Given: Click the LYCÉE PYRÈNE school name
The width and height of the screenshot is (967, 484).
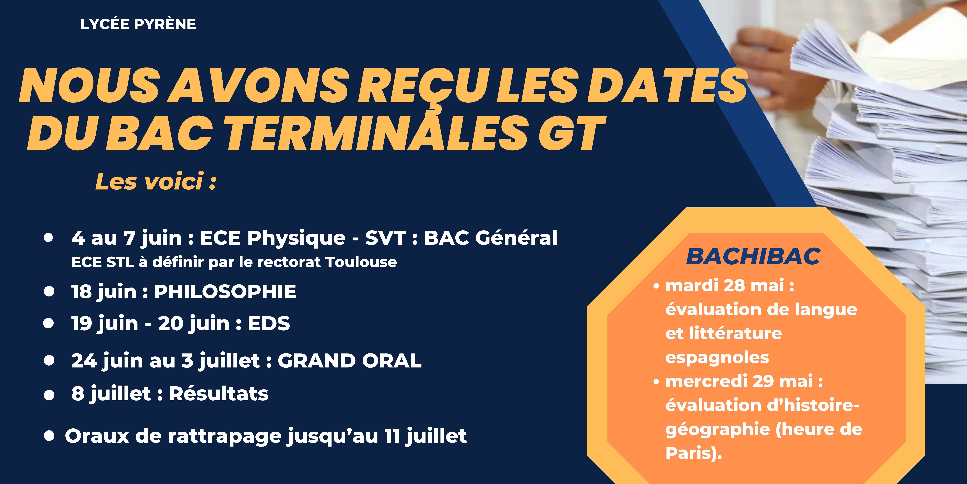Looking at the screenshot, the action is point(138,24).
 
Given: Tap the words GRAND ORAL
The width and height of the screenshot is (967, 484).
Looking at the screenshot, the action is point(349,361).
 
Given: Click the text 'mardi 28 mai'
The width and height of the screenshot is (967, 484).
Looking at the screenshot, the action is point(725,286).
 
